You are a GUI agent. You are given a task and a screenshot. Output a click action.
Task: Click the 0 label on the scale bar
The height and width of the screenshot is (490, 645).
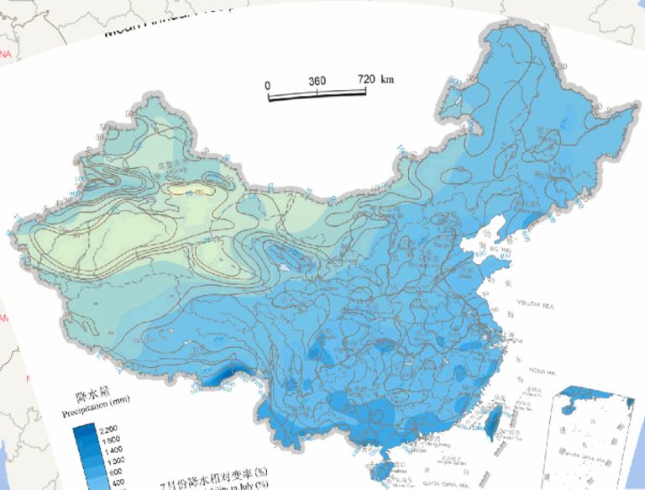(268, 84)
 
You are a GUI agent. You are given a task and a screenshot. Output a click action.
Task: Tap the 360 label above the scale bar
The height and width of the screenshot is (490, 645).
(317, 81)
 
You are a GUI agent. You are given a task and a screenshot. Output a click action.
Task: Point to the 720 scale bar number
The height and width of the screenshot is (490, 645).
(367, 80)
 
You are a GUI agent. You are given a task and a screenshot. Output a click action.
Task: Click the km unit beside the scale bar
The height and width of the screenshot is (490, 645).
(387, 80)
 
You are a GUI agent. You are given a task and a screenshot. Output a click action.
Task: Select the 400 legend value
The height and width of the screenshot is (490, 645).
(115, 483)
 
